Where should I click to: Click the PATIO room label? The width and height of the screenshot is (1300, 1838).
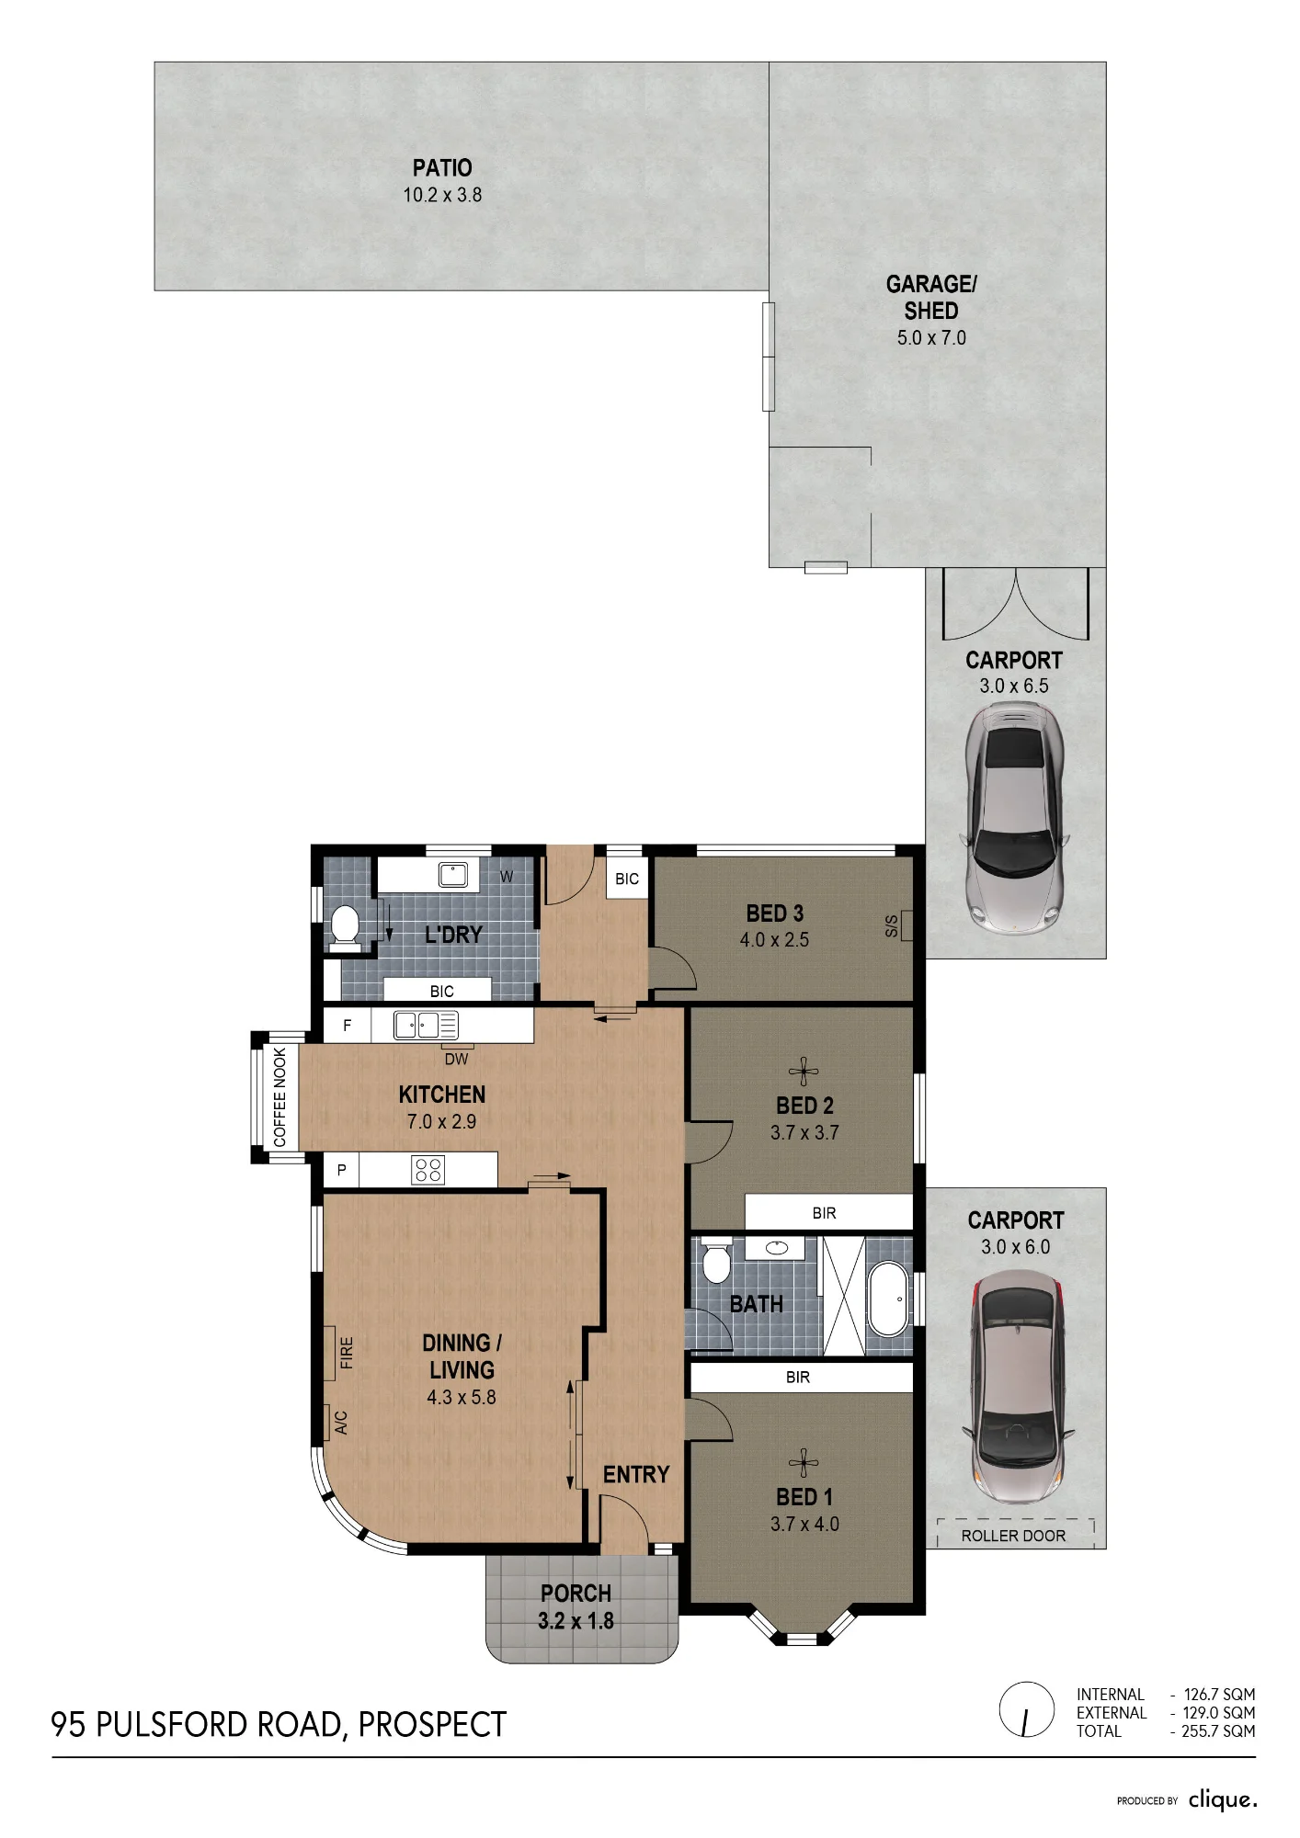point(442,168)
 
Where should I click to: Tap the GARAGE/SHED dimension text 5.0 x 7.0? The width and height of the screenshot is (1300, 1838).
point(931,338)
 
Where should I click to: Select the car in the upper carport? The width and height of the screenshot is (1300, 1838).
point(1014,819)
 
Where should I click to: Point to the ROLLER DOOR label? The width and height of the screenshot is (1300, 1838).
point(1013,1536)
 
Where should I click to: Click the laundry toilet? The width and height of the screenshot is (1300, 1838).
point(345,925)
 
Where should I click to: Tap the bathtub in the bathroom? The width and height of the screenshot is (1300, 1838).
point(887,1299)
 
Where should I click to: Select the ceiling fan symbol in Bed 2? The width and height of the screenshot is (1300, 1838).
point(804,1071)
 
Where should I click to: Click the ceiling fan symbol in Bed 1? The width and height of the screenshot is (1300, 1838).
point(804,1463)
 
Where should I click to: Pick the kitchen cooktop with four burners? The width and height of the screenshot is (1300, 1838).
point(428,1170)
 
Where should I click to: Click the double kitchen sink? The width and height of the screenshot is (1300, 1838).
point(426,1025)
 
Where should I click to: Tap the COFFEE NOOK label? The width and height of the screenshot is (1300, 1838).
point(279,1097)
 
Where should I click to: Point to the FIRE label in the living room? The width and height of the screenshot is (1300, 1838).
point(347,1353)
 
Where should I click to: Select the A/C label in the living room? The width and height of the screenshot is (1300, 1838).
point(341,1424)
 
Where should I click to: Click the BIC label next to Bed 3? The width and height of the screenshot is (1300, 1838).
point(627,879)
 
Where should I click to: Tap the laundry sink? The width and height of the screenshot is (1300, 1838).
point(452,874)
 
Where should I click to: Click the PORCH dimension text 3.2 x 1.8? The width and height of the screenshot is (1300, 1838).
point(576,1621)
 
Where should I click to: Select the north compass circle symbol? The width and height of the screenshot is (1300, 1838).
point(1026,1710)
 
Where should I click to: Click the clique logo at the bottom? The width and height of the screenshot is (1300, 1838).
point(1223,1799)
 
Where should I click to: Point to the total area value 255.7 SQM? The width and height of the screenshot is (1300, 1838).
point(1218,1731)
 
